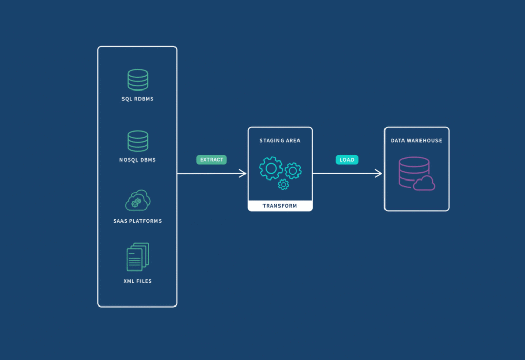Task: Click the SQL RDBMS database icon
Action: coord(137,80)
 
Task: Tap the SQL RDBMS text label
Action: coord(137,99)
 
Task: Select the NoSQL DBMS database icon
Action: coord(137,141)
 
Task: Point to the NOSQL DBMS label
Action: coord(137,160)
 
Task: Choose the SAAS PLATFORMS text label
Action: coord(137,221)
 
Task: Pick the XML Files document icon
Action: coord(137,257)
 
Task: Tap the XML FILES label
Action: coord(137,281)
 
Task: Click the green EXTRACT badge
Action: coord(212,160)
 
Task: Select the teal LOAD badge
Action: coord(347,160)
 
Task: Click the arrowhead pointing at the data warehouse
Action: coord(379,174)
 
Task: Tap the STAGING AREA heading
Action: coord(280,140)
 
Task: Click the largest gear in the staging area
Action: coord(271,168)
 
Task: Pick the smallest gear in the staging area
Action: coord(283,185)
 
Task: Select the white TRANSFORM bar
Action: coord(280,206)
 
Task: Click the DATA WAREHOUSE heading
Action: coord(416,140)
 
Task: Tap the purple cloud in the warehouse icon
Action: coord(424,183)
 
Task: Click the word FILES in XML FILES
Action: coord(144,281)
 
